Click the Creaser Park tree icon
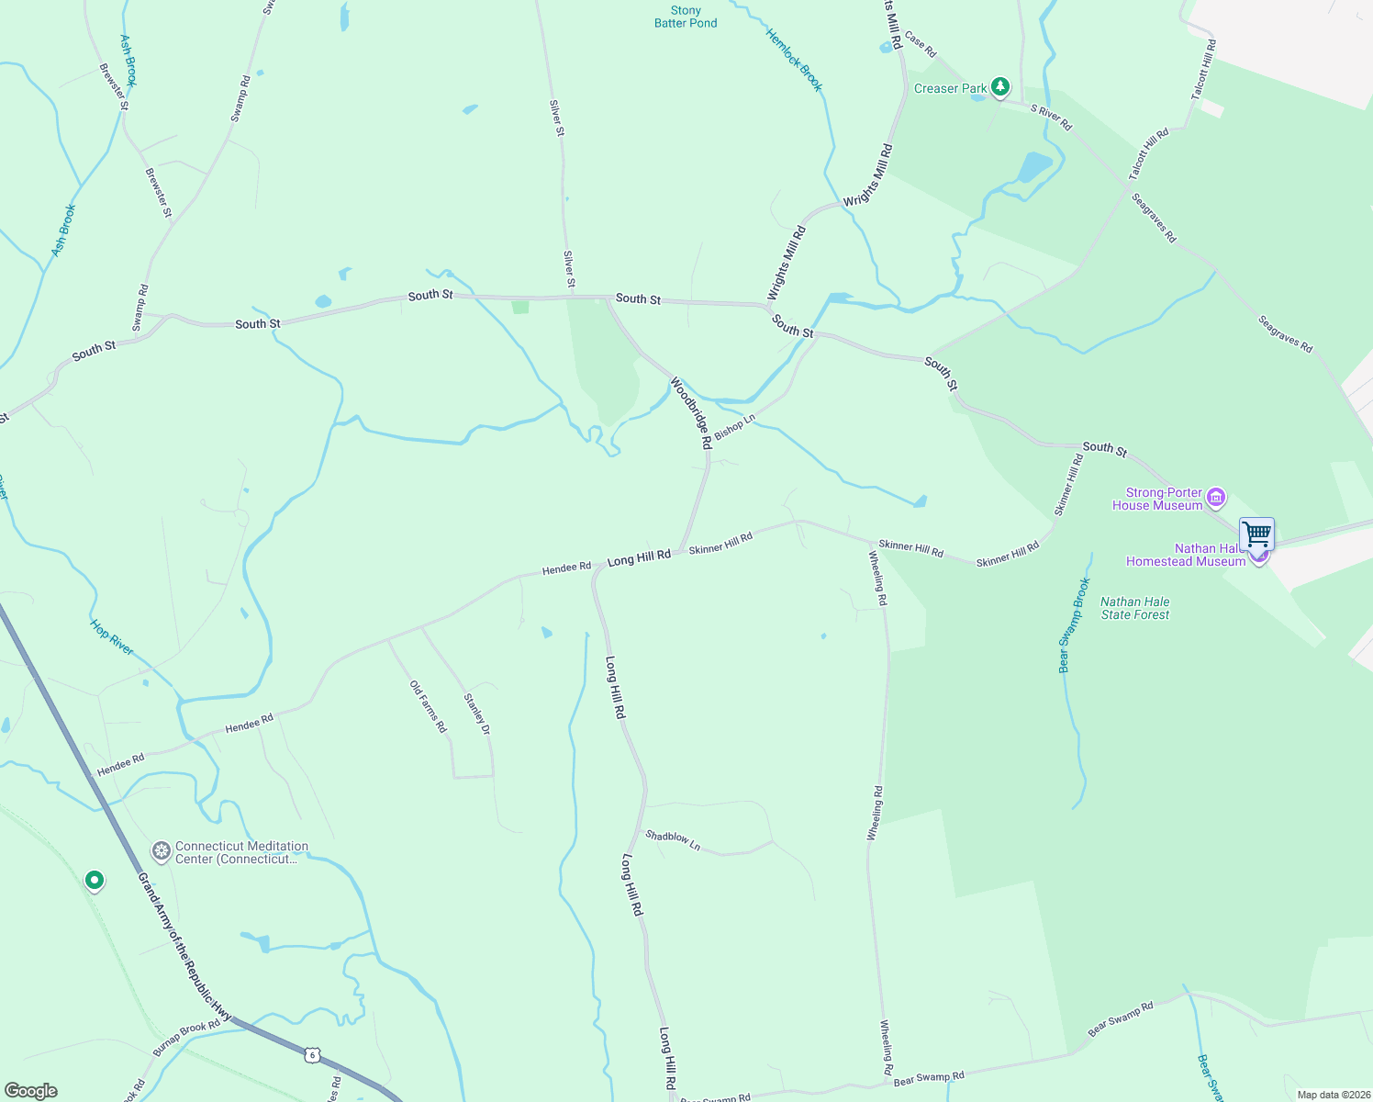point(1000,87)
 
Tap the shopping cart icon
point(1256,534)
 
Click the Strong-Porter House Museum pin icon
point(1216,498)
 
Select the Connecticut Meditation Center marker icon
point(162,851)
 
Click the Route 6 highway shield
point(313,1055)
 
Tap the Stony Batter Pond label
point(686,17)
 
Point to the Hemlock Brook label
point(795,60)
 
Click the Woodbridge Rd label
point(691,412)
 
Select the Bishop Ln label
point(734,425)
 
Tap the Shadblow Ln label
point(673,840)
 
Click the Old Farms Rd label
point(428,706)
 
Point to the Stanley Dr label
point(477,714)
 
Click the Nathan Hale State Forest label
point(1135,608)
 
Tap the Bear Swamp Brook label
point(1074,625)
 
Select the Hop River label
point(112,636)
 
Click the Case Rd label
point(920,44)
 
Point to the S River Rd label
point(1051,118)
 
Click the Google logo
point(30,1091)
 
